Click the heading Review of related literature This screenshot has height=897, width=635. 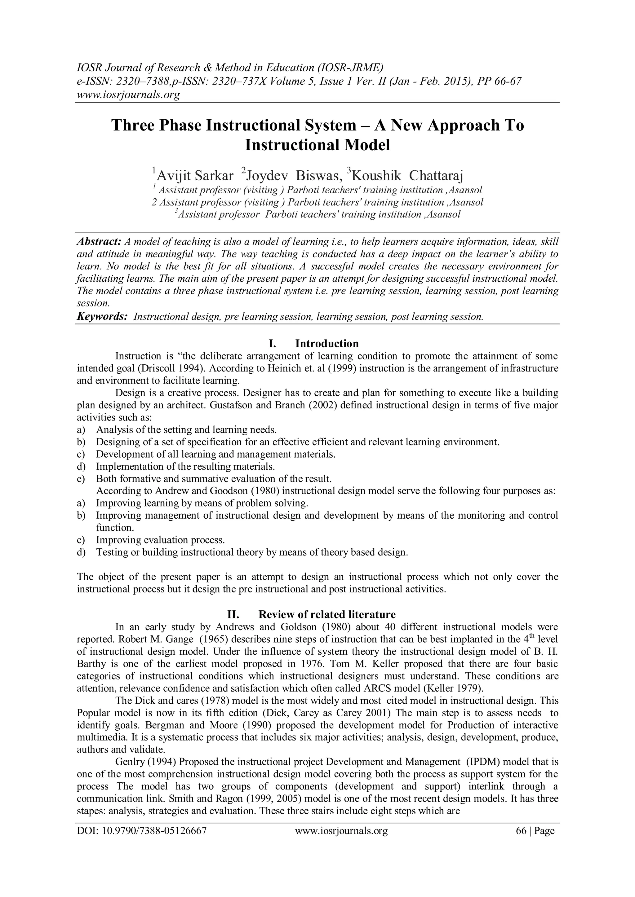(327, 614)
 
